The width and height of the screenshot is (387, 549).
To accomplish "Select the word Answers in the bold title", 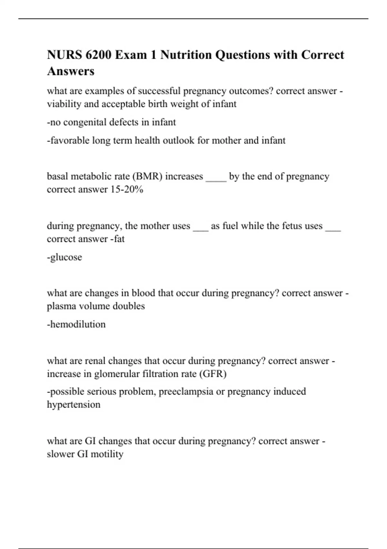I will [x=71, y=71].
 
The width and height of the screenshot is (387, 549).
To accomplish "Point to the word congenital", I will [x=85, y=122].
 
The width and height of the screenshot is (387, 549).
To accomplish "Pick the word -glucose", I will [x=64, y=257].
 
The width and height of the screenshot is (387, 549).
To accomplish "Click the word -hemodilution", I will [x=76, y=324].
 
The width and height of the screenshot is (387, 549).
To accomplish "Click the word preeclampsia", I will [x=186, y=392].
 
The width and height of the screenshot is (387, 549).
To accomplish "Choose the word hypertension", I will [x=74, y=405].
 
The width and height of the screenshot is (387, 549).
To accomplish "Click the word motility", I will [x=107, y=454].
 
